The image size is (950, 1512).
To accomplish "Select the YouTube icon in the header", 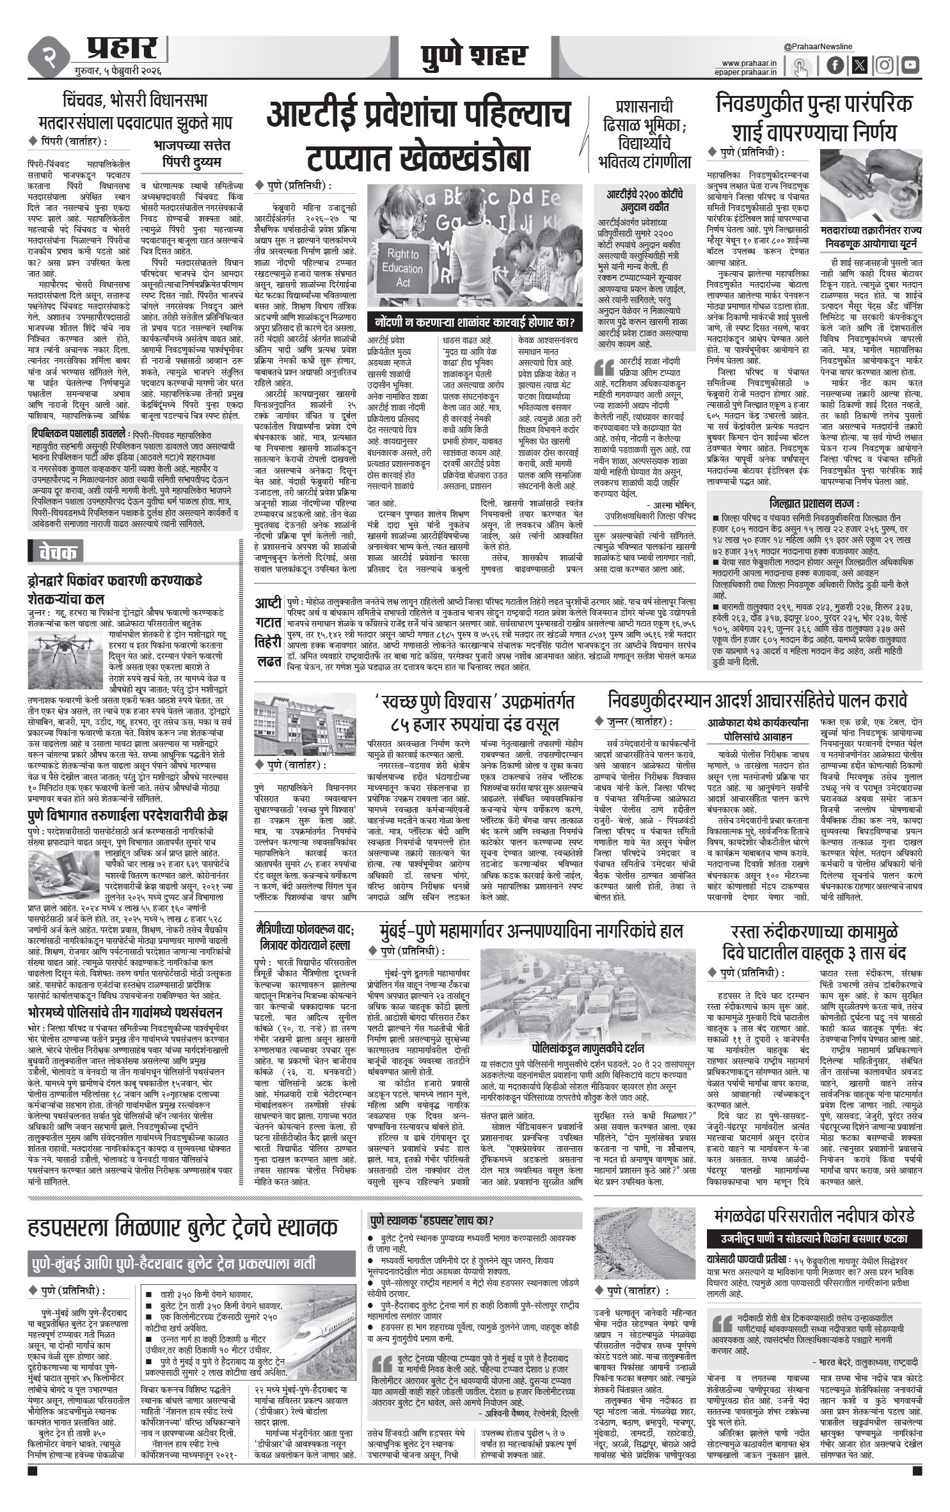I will point(910,65).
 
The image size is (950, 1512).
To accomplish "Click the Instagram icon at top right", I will point(884,65).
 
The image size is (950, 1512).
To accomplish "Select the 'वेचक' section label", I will point(58,551).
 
